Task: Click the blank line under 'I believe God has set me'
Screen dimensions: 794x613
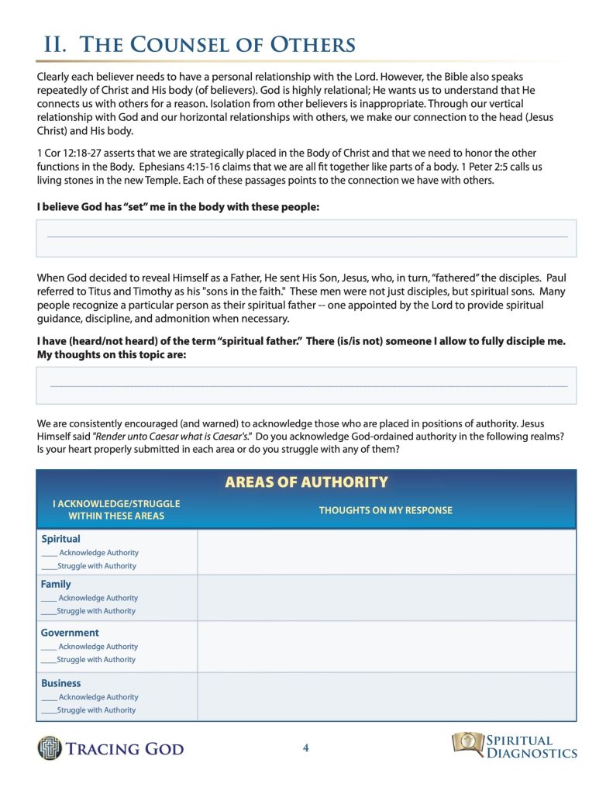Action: point(306,236)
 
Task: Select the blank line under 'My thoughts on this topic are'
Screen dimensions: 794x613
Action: point(306,385)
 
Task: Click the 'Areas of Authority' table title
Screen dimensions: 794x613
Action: point(306,482)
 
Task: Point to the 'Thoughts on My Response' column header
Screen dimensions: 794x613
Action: point(385,510)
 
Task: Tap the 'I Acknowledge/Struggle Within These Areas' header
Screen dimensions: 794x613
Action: point(116,509)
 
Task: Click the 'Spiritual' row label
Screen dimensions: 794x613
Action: point(60,539)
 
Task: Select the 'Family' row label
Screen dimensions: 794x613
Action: point(56,584)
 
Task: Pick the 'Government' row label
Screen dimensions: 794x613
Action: point(70,633)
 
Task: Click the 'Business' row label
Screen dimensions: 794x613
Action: point(60,683)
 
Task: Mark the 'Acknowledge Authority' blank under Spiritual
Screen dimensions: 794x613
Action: point(49,554)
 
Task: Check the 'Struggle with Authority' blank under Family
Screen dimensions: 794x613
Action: point(48,612)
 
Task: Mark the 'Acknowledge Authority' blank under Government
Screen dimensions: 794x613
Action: point(49,647)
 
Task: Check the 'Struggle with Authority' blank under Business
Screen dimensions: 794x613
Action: point(48,711)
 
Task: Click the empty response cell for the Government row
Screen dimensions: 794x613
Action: point(386,646)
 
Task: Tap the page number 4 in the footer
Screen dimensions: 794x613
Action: point(306,748)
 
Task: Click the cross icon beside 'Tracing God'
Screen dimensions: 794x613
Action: point(50,748)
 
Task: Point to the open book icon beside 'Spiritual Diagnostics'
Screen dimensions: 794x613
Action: point(467,744)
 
